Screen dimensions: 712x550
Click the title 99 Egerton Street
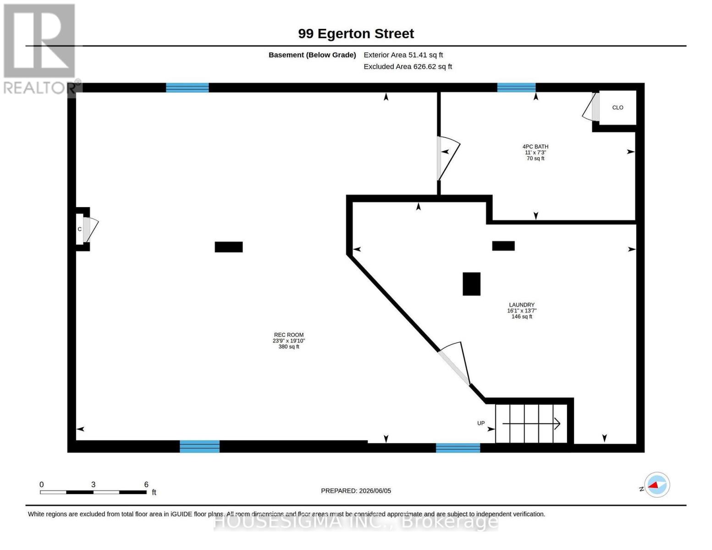point(356,33)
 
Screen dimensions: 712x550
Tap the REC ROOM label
point(289,335)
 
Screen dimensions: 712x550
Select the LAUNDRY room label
point(522,305)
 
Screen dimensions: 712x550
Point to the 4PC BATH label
point(535,147)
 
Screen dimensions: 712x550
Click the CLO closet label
point(618,107)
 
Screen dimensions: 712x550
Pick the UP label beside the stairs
point(480,423)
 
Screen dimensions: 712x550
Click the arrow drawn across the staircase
point(531,424)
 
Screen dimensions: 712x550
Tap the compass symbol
point(657,485)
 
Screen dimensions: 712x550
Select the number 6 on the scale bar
point(146,484)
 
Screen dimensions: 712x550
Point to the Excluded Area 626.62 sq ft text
point(408,66)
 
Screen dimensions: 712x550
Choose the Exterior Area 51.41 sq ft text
point(403,55)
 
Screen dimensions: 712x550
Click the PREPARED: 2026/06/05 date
point(356,491)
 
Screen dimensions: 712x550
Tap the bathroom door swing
point(448,158)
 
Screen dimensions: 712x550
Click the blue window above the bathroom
point(516,88)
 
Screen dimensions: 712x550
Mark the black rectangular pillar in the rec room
point(229,247)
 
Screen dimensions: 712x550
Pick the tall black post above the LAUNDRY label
point(471,284)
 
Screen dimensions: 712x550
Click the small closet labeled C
point(83,229)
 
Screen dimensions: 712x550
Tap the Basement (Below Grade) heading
point(312,55)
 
